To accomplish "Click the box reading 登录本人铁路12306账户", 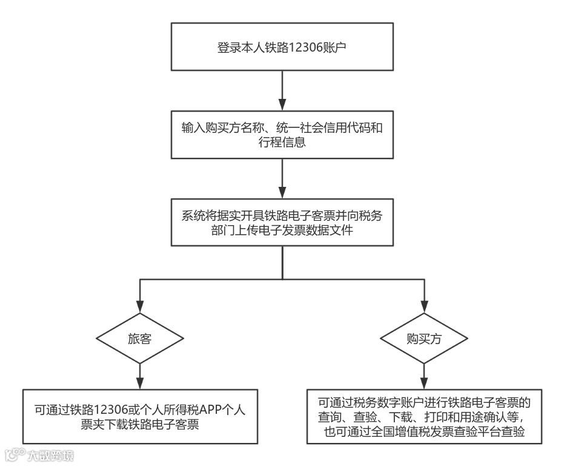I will point(282,47).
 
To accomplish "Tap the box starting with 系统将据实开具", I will point(282,223).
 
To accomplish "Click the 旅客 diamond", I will point(140,339).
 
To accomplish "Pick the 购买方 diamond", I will point(423,339).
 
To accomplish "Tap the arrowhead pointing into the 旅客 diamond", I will point(140,308).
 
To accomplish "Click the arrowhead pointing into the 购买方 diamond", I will point(423,308).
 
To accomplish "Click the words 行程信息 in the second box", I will point(205,143).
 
